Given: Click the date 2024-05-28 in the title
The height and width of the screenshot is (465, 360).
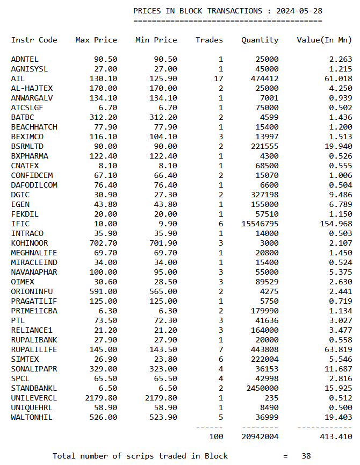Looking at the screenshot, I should [299, 11].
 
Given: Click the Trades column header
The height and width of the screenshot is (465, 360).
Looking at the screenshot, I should [209, 40].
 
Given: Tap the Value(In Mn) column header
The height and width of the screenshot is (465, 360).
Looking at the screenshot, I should [324, 40].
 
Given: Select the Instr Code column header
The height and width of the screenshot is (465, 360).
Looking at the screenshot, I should [34, 40].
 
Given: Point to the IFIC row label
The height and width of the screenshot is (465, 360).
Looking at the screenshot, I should [20, 224].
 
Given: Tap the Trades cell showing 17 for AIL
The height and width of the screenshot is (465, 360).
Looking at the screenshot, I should [218, 78].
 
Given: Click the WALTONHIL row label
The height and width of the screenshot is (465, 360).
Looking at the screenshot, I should [32, 417].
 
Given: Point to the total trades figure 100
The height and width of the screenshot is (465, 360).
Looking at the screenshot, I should [216, 437].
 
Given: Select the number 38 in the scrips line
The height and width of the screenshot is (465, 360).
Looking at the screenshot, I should [306, 456].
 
